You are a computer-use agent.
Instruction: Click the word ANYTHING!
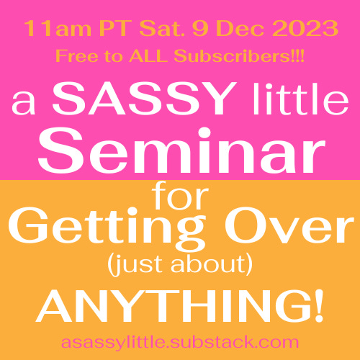coord(180,305)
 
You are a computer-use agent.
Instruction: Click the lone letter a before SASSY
coord(24,103)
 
